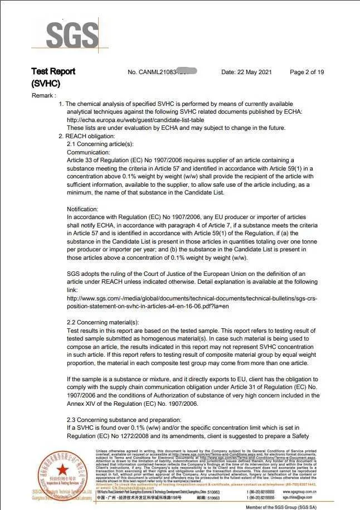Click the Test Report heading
(x=53, y=72)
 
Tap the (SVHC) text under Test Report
(x=46, y=84)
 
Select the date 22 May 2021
(x=247, y=72)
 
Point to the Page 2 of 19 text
(x=307, y=72)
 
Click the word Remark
(x=43, y=96)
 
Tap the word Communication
(x=89, y=152)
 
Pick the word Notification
(x=84, y=208)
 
